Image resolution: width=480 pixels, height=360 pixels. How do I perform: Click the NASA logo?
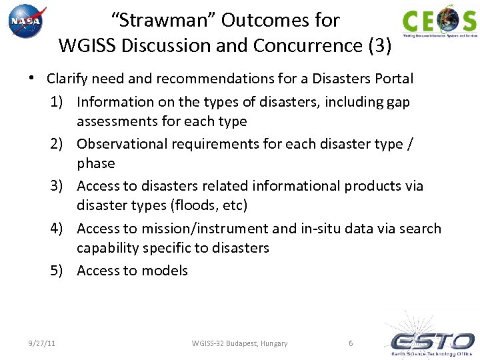tap(27, 22)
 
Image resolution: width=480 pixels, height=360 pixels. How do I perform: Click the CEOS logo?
tap(439, 21)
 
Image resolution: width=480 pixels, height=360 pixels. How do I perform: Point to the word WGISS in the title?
tap(84, 46)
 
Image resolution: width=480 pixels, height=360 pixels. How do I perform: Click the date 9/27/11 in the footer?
tap(42, 343)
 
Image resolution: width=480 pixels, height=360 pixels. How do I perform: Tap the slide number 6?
tap(351, 343)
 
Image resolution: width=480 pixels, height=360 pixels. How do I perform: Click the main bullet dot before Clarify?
tap(31, 79)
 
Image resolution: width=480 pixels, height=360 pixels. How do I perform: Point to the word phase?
tap(96, 163)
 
